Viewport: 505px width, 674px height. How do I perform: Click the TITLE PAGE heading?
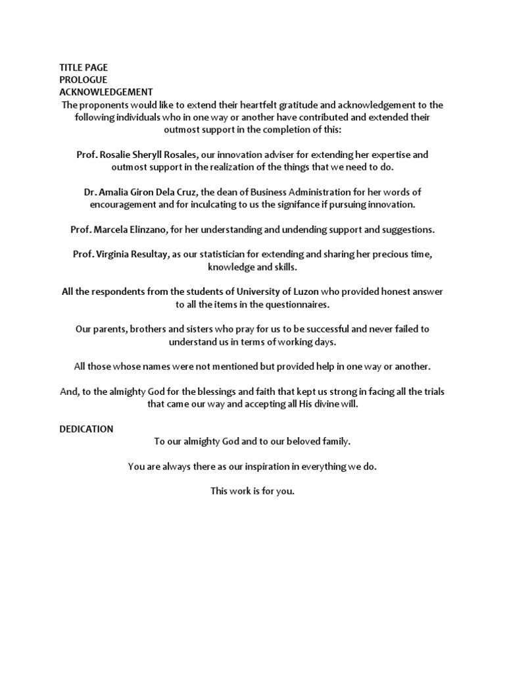pyautogui.click(x=84, y=67)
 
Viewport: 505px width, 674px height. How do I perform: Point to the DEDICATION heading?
pyautogui.click(x=86, y=429)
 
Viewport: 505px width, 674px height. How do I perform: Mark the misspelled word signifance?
pyautogui.click(x=301, y=205)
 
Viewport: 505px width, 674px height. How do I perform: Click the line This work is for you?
pyautogui.click(x=252, y=491)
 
